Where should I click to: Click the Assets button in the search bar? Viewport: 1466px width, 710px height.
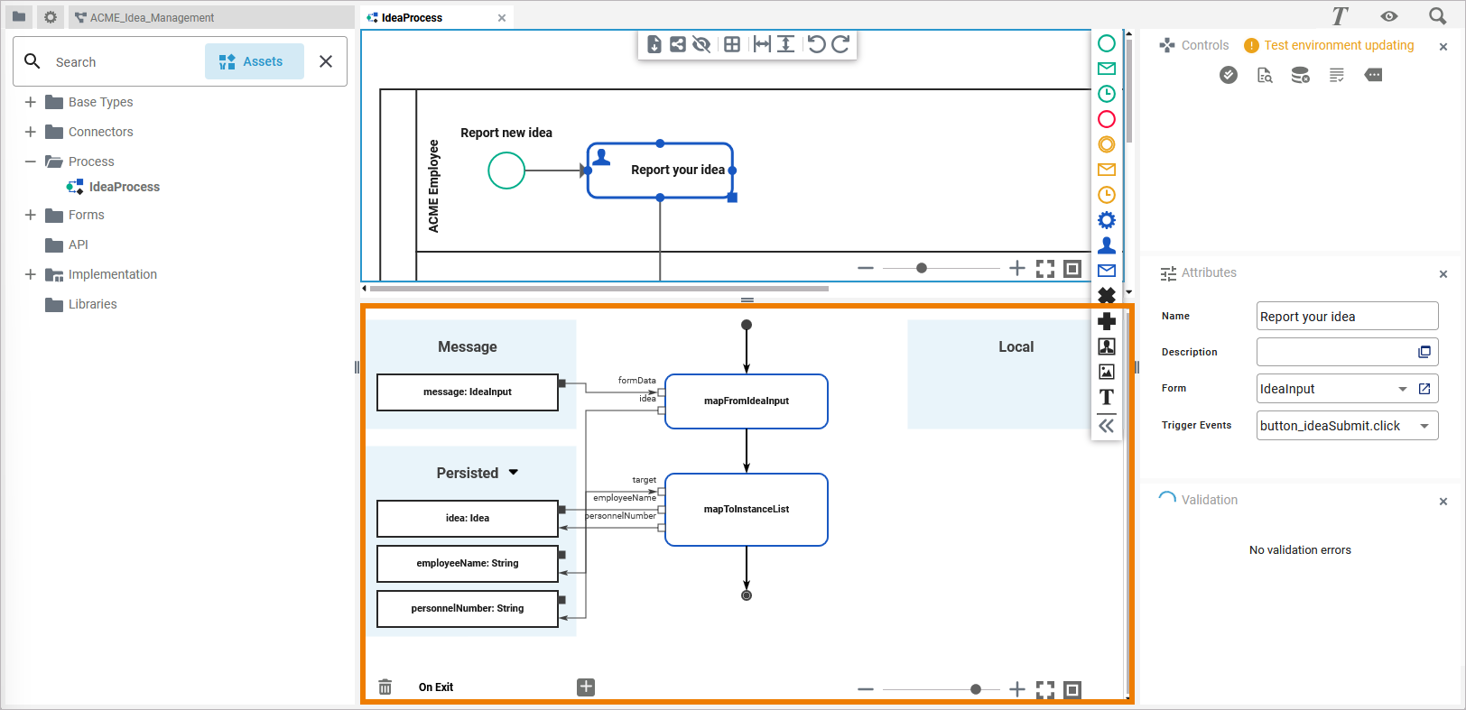(254, 61)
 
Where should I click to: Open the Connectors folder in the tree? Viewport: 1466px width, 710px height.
(100, 132)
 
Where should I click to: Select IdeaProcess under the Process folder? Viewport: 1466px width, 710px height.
(124, 187)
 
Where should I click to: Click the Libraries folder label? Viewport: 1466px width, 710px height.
(92, 304)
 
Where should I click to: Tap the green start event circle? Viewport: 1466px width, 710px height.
(506, 171)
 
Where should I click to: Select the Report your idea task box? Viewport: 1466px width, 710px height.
(660, 171)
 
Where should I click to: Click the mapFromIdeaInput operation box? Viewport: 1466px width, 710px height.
(747, 401)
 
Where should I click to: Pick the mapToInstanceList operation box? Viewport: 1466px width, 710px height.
(747, 510)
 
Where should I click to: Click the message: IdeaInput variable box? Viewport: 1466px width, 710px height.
(468, 392)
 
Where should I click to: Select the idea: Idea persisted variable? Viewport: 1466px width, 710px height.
(468, 519)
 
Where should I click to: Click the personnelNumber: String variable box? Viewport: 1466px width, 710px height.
(468, 609)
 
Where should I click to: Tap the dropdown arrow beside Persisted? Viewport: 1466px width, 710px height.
(514, 472)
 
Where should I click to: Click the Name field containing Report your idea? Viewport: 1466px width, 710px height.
(1346, 317)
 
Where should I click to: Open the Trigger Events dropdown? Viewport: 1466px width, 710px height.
(1424, 426)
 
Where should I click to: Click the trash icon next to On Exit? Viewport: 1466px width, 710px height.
(385, 687)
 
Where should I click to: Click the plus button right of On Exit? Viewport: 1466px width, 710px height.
(586, 687)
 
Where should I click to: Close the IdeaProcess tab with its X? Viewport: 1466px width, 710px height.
(502, 18)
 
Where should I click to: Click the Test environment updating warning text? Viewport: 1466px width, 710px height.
(1339, 45)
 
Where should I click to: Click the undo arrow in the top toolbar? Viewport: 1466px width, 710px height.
(816, 44)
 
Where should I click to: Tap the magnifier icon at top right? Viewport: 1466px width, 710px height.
(1437, 16)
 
